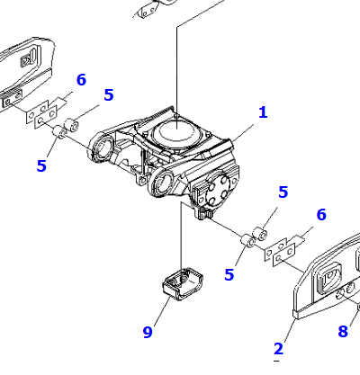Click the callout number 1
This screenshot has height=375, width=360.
coord(263,112)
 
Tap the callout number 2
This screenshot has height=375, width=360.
coord(278,349)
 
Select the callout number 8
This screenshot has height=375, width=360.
coord(343,331)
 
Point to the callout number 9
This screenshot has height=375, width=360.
coord(148,332)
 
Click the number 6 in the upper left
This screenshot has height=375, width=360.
coord(81,80)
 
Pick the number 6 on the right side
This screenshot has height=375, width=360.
coord(321,215)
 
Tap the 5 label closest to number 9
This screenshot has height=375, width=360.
coord(229,274)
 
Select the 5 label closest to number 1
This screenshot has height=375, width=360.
coord(283,192)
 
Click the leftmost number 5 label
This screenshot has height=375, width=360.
coord(41,165)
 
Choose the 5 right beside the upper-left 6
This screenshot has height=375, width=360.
coord(109,94)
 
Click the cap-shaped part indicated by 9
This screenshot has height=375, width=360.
coord(183,283)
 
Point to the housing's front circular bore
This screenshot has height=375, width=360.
coord(164,183)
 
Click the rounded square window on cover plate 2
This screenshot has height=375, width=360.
coord(329,278)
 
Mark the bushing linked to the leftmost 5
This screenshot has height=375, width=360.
coord(58,132)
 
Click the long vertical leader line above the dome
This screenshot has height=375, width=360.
coord(177,78)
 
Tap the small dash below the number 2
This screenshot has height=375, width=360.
coord(277,361)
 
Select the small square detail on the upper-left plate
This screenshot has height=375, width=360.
coord(25,61)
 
